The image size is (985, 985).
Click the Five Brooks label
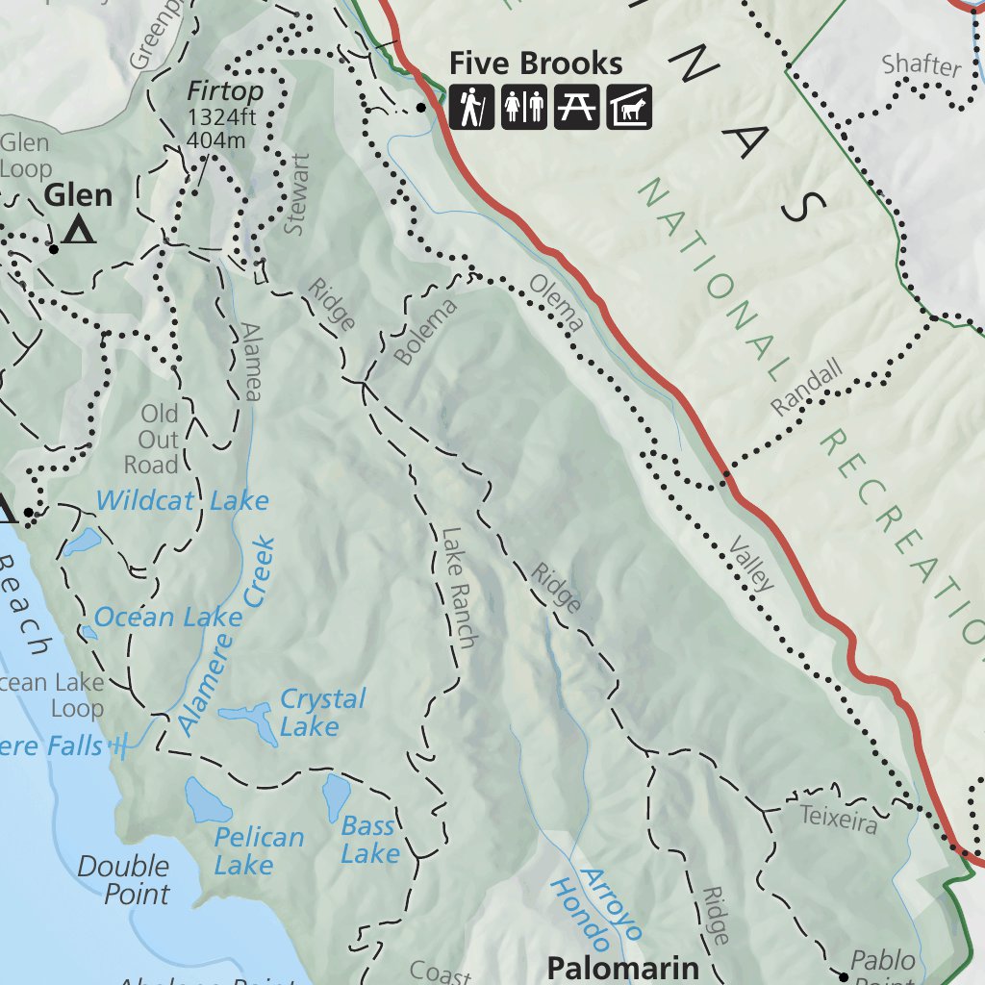(x=536, y=64)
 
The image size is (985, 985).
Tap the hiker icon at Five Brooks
(x=471, y=107)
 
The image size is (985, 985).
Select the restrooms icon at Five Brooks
(x=524, y=107)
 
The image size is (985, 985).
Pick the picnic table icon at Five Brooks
(x=576, y=107)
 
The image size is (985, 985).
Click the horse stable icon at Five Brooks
(x=629, y=107)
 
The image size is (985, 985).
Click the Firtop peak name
(x=225, y=92)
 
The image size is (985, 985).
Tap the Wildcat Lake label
(x=182, y=501)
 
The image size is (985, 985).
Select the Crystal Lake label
(x=321, y=712)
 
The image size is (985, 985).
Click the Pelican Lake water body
(x=207, y=799)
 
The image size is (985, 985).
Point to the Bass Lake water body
(x=337, y=796)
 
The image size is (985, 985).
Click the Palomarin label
(x=622, y=967)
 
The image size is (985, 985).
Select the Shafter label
(x=922, y=65)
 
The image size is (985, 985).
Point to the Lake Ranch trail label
(x=459, y=587)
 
